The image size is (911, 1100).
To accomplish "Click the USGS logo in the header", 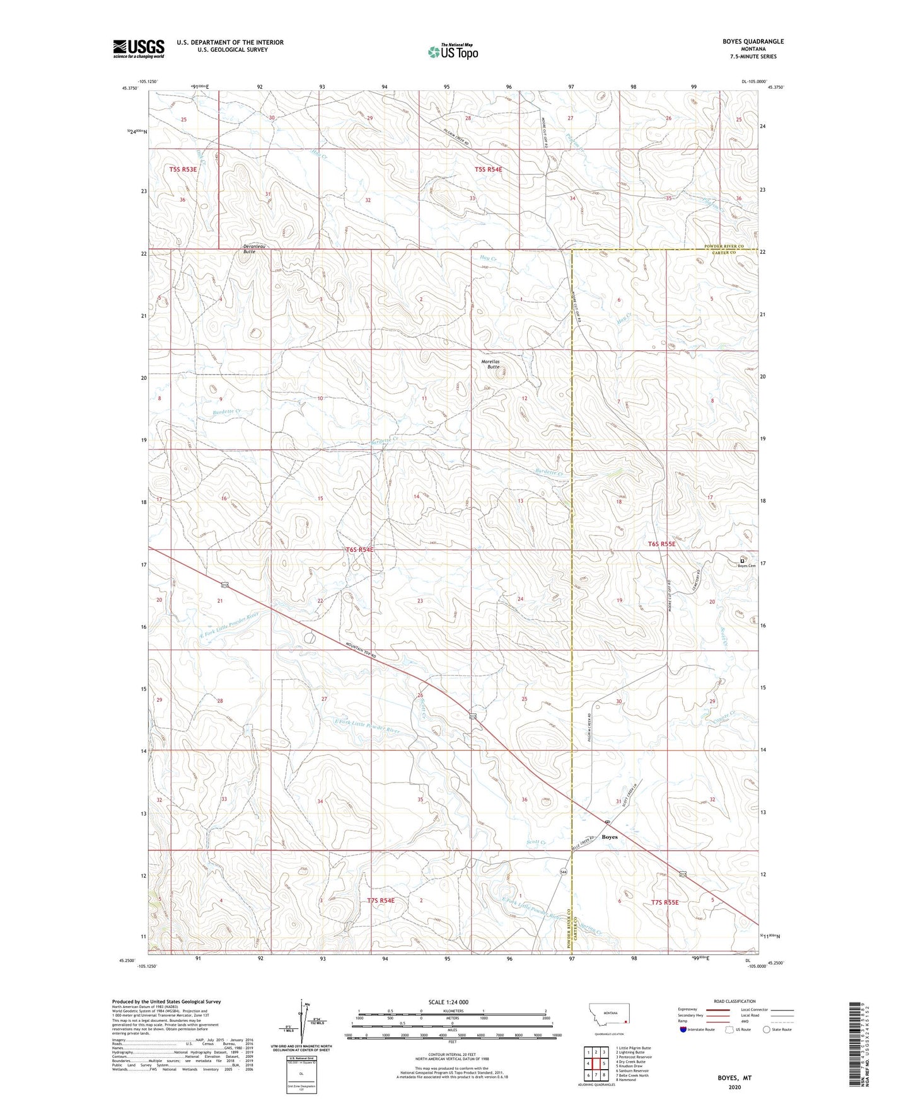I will [x=138, y=49].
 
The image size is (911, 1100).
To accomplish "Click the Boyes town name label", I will [x=609, y=837].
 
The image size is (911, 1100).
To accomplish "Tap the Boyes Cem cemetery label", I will [x=746, y=566].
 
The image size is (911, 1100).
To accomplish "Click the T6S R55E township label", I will [x=662, y=544].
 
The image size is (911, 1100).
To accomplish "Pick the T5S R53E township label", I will [x=183, y=169].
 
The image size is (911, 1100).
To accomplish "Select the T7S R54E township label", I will [x=381, y=901].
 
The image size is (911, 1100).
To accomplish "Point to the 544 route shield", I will [x=562, y=872].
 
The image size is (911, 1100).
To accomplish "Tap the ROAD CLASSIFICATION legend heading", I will [x=734, y=1001].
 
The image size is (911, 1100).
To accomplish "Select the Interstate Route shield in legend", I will [x=684, y=1029].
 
